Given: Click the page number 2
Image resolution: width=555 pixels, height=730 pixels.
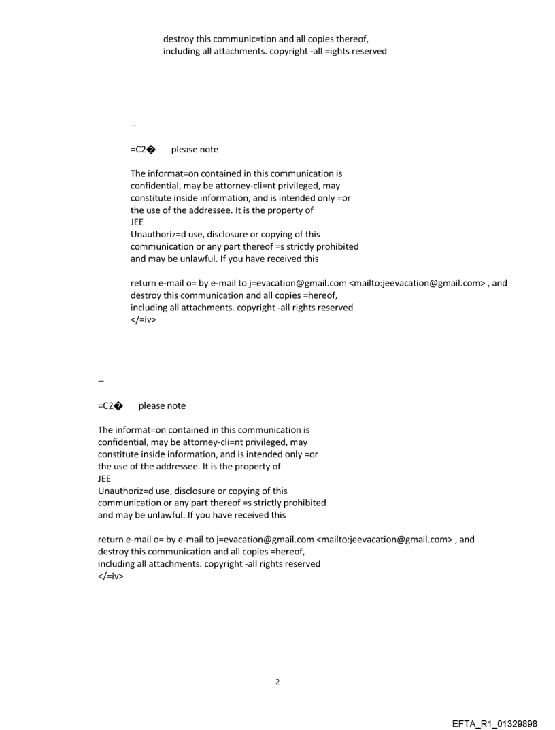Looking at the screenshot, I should tap(277, 682).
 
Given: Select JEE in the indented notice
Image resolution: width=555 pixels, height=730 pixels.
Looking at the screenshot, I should tap(137, 222).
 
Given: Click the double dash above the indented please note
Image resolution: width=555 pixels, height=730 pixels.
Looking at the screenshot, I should tap(133, 125).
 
